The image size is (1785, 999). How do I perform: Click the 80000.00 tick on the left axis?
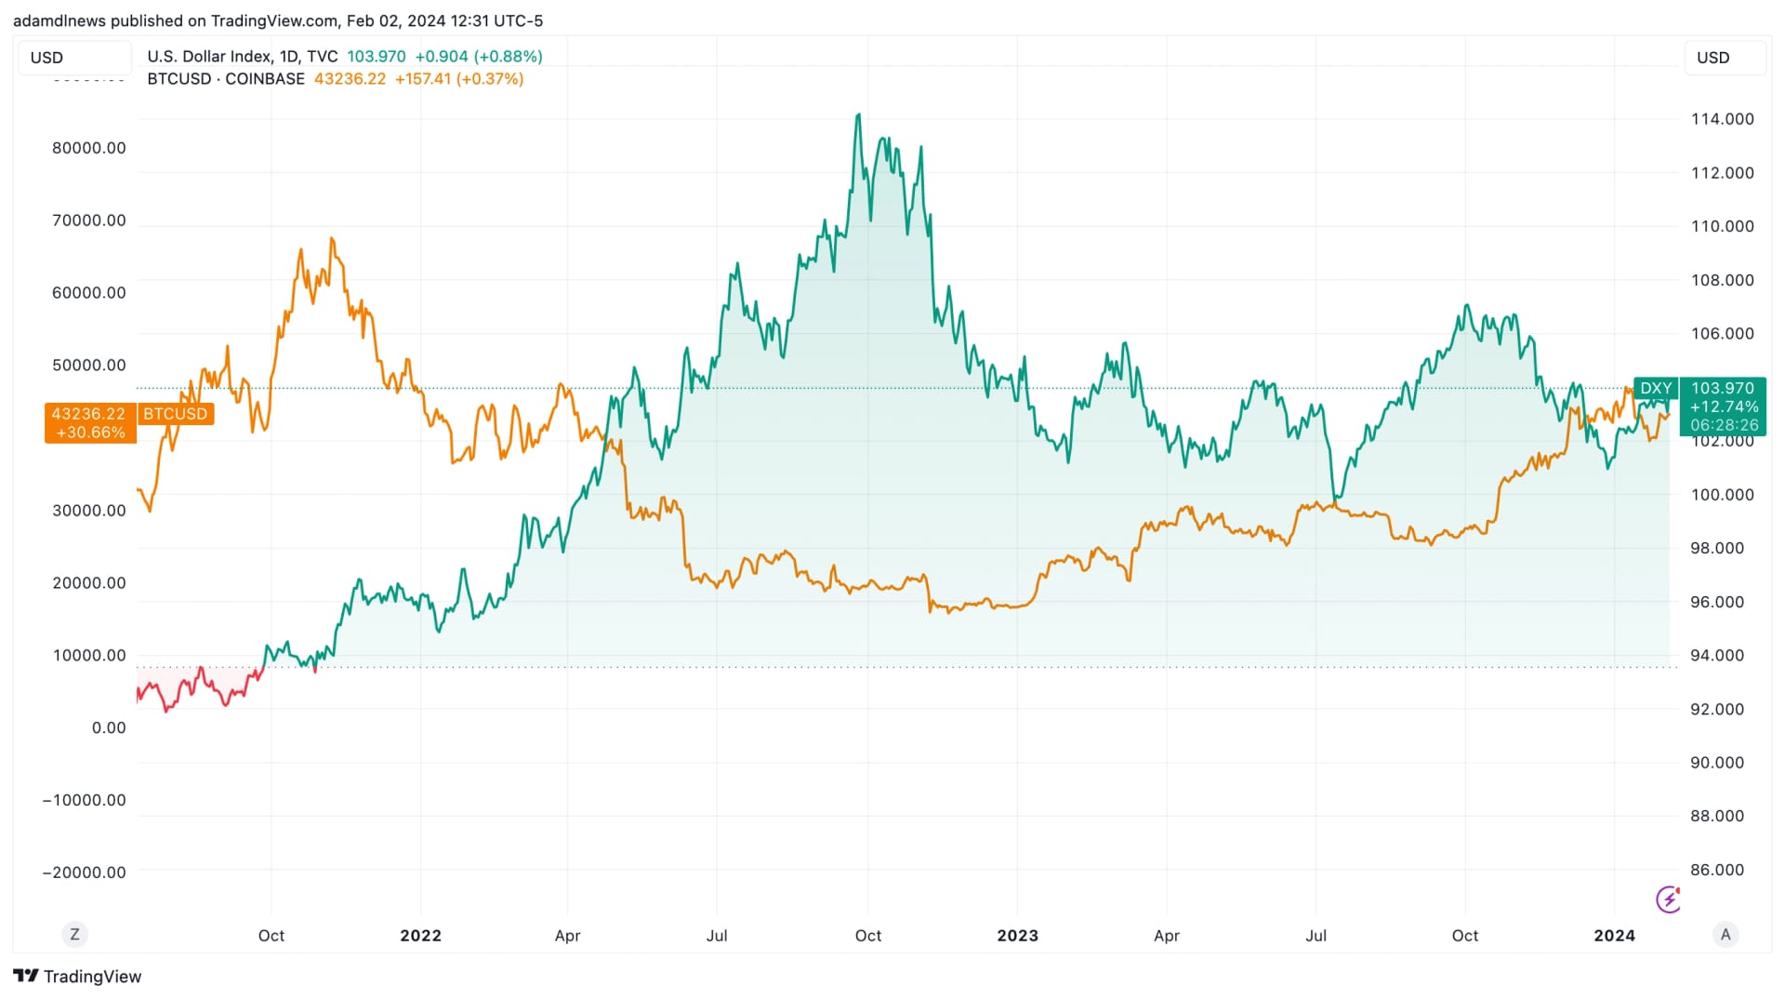[88, 148]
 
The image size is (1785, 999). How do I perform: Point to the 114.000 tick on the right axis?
[1722, 119]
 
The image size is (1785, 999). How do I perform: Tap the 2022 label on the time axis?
[420, 936]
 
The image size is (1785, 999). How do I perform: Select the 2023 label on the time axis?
[1017, 936]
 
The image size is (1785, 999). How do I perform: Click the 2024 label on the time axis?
[1614, 936]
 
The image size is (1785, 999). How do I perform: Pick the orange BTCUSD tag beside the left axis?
[175, 414]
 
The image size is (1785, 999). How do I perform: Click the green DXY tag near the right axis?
[1655, 389]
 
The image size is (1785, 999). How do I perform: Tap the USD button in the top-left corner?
[46, 58]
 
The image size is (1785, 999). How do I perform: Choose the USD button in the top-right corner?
[1712, 58]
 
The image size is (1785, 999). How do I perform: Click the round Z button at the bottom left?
[74, 934]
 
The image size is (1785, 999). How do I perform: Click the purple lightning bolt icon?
[1669, 899]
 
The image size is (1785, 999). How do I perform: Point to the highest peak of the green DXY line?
[858, 115]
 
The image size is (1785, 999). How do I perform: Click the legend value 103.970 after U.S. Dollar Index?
[376, 57]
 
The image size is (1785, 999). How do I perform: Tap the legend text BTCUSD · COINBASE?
[226, 79]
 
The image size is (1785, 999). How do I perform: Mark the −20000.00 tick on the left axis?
[84, 872]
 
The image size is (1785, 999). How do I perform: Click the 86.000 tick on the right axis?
[1722, 870]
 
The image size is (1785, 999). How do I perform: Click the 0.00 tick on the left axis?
[108, 727]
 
